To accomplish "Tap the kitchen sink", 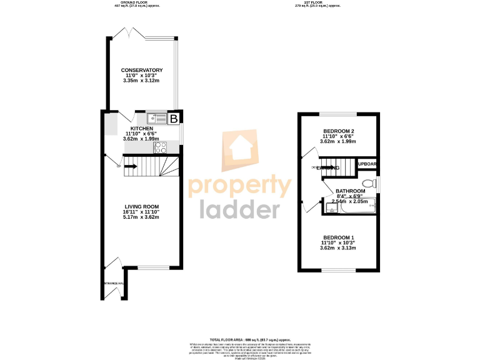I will pyautogui.click(x=157, y=117).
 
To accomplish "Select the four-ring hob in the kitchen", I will pyautogui.click(x=160, y=147).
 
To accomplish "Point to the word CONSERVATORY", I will pyautogui.click(x=142, y=70).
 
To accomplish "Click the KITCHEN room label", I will pyautogui.click(x=141, y=128).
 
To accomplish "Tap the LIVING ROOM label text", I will pyautogui.click(x=142, y=207).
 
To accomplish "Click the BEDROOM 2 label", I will pyautogui.click(x=338, y=131).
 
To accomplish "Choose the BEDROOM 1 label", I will pyautogui.click(x=338, y=237).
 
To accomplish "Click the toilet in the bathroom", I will pyautogui.click(x=371, y=182).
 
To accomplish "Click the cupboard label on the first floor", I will pyautogui.click(x=367, y=164).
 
